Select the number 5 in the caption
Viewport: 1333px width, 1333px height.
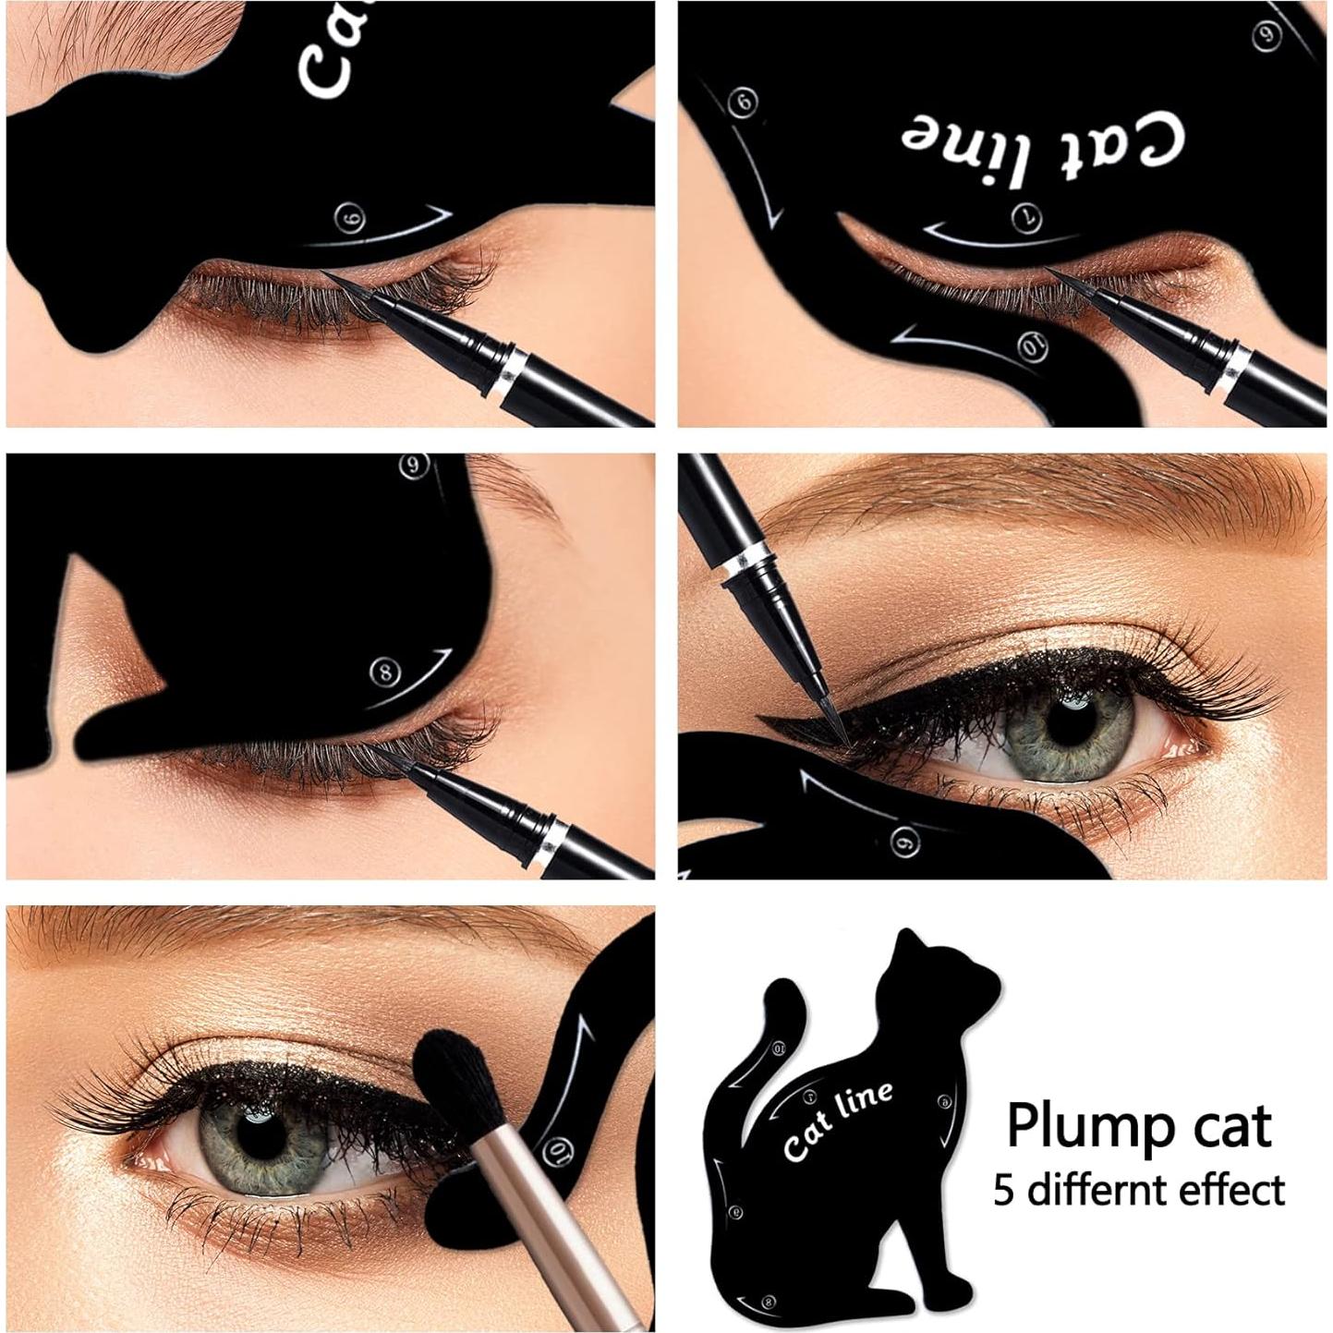pos(1004,1190)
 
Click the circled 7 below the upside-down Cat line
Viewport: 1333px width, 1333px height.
pos(1020,216)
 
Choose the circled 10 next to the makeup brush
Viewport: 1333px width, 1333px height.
pos(553,1150)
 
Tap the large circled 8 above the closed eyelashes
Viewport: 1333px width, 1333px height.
pos(383,671)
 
